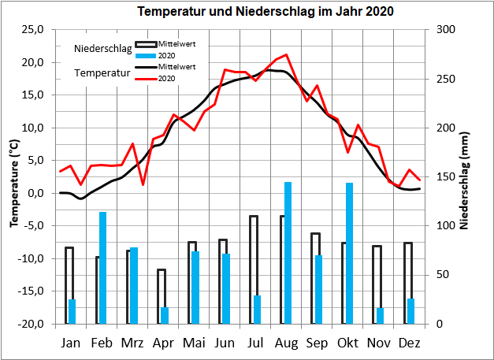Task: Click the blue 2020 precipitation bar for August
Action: (x=288, y=252)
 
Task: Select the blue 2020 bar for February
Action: (x=102, y=268)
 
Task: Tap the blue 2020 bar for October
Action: (x=349, y=253)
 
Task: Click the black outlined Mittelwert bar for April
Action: (x=162, y=296)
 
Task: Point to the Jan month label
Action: (x=71, y=343)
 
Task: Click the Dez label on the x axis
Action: (x=409, y=343)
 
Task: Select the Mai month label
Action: (x=194, y=343)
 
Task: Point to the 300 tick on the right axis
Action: (x=445, y=30)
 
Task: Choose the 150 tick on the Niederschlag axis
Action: (x=445, y=176)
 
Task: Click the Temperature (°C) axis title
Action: (x=13, y=176)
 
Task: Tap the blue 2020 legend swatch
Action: (x=146, y=54)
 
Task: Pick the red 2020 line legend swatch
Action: (x=146, y=78)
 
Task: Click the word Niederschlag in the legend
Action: (x=102, y=49)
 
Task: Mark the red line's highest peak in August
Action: (x=286, y=55)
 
